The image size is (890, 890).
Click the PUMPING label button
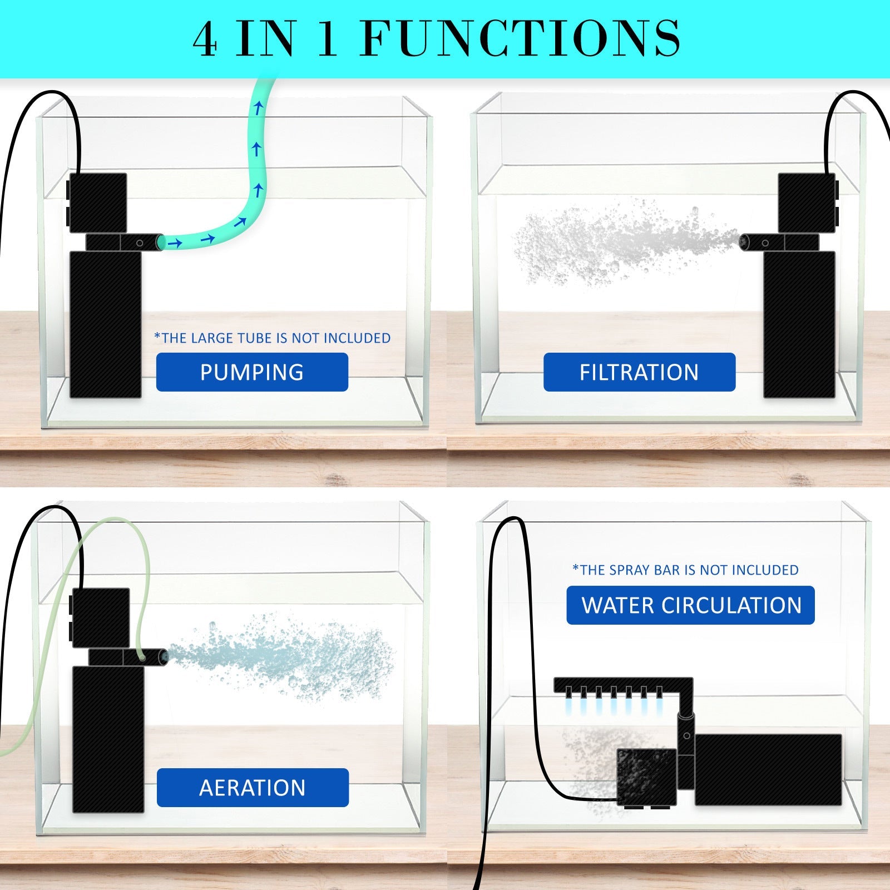point(252,372)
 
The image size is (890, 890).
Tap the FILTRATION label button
point(639,372)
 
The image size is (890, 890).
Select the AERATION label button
point(253,788)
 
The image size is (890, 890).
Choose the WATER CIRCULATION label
point(691,605)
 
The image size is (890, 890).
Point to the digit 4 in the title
point(205,39)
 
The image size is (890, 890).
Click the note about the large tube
point(272,338)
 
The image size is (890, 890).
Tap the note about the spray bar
point(685,570)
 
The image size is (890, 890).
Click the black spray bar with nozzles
point(617,685)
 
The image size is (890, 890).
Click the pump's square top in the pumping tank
point(97,202)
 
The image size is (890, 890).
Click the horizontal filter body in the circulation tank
point(768,769)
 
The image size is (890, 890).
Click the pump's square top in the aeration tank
point(100,618)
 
